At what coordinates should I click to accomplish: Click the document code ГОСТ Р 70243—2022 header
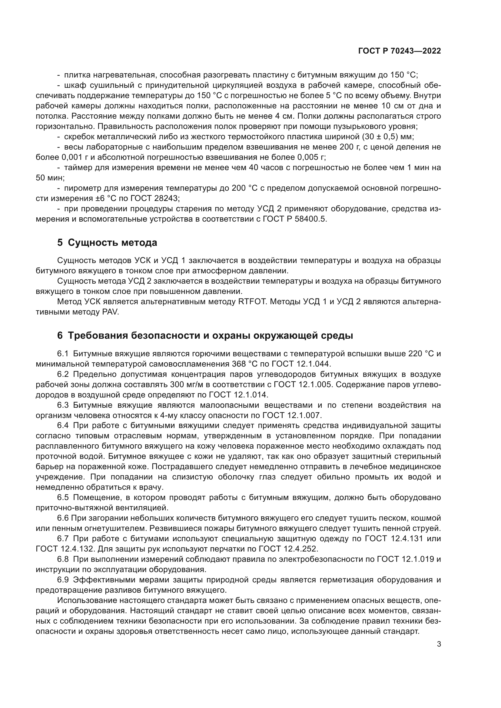click(400, 51)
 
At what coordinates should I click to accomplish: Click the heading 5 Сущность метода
click(107, 243)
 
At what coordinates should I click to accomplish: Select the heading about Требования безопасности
click(205, 335)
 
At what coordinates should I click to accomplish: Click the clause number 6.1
click(63, 354)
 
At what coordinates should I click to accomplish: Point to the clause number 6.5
click(63, 497)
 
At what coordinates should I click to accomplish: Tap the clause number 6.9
click(63, 580)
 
